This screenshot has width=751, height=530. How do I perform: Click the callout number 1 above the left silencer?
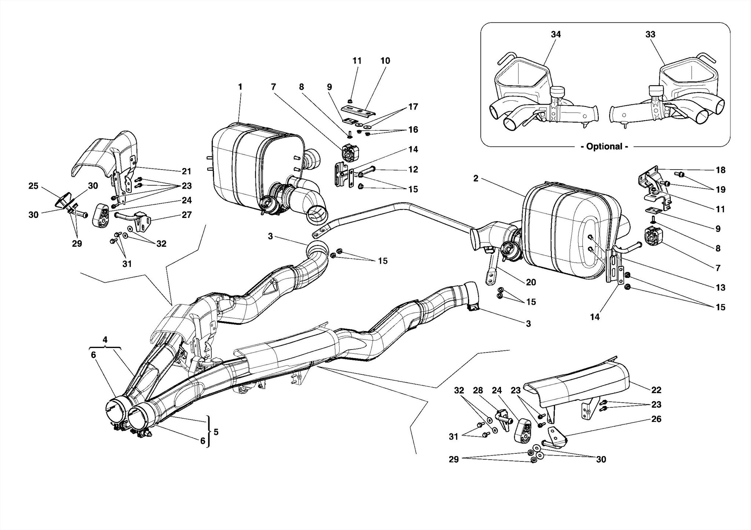tap(240, 87)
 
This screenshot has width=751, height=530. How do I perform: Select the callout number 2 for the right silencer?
tap(476, 179)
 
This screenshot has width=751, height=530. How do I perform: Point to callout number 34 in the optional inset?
tap(556, 34)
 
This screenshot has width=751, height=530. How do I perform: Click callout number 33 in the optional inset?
tap(650, 34)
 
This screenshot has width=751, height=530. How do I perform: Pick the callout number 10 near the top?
tap(385, 61)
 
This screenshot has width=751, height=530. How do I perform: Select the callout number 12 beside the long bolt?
tap(413, 170)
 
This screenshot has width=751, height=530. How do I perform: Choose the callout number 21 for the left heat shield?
tap(187, 171)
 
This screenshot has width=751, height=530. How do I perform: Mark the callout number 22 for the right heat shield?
tap(656, 390)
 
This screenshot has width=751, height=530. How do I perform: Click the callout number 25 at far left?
tap(33, 186)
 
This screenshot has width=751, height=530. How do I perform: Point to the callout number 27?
tap(187, 215)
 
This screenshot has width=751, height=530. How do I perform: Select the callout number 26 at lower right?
tap(656, 419)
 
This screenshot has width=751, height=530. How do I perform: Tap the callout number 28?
tap(478, 390)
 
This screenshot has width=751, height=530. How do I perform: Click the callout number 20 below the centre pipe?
tap(531, 282)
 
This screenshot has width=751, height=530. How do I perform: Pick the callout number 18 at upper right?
tap(720, 170)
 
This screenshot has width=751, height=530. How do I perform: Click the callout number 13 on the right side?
tap(720, 288)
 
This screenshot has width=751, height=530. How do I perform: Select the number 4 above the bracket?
tap(105, 340)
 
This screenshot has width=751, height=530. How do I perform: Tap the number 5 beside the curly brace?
tap(216, 432)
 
